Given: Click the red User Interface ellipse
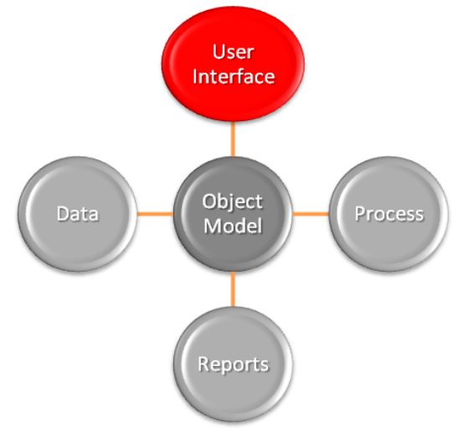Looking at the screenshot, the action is pyautogui.click(x=233, y=64).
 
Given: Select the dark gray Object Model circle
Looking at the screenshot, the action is pyautogui.click(x=233, y=214).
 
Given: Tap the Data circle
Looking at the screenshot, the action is pyautogui.click(x=77, y=214).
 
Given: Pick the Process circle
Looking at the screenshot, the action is pyautogui.click(x=388, y=214).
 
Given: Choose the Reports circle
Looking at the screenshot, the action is pyautogui.click(x=233, y=364).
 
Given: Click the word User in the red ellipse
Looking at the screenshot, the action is pyautogui.click(x=233, y=52).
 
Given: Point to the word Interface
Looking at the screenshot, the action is pyautogui.click(x=234, y=76).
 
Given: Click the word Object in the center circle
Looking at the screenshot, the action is pyautogui.click(x=233, y=203).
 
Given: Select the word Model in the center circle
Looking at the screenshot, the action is pyautogui.click(x=233, y=226).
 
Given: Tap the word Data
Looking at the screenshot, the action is pyautogui.click(x=78, y=214).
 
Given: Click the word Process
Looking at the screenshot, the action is pyautogui.click(x=389, y=214).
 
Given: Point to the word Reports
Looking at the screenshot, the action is pyautogui.click(x=234, y=365).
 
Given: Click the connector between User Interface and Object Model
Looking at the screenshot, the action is pyautogui.click(x=233, y=139).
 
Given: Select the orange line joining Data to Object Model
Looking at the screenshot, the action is pyautogui.click(x=155, y=214).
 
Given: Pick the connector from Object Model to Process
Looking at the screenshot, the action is pyautogui.click(x=311, y=214).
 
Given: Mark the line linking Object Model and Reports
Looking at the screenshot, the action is pyautogui.click(x=233, y=289).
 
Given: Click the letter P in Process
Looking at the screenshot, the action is pyautogui.click(x=360, y=214).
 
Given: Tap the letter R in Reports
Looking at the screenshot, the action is pyautogui.click(x=203, y=363).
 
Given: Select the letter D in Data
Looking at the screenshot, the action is pyautogui.click(x=64, y=214).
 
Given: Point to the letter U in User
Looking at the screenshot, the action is pyautogui.click(x=219, y=52).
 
